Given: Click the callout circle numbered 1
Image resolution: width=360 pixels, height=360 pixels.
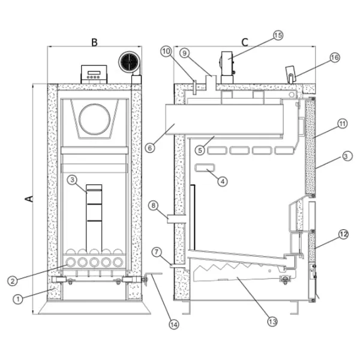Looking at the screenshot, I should click(x=19, y=298).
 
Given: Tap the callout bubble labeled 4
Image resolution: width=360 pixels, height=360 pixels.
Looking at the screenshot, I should click(x=223, y=181).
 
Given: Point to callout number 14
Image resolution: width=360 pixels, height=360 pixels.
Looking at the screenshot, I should click(x=173, y=325).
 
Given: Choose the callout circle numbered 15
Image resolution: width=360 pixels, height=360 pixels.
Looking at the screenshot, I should click(x=277, y=35).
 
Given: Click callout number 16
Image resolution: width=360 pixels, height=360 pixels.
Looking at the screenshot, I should click(x=334, y=58).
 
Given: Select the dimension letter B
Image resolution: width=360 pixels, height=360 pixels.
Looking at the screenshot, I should click(x=94, y=43).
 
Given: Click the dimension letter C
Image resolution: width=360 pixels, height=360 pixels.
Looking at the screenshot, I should click(x=245, y=42).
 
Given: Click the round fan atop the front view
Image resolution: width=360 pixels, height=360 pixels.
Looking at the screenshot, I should click(x=128, y=62).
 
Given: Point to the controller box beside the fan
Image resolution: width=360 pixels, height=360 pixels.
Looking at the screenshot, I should click(x=94, y=74).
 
